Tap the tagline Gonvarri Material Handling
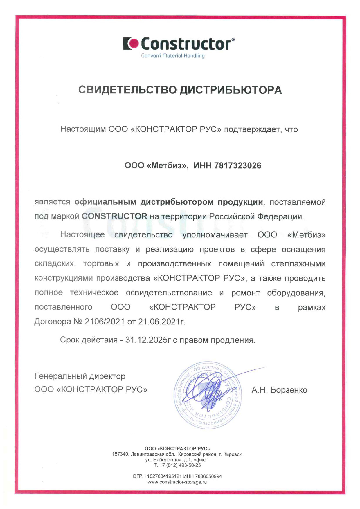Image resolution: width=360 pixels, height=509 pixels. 173,56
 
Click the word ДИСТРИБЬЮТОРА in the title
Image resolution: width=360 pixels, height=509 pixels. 231,90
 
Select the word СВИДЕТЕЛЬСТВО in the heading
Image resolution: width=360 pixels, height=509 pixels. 127,90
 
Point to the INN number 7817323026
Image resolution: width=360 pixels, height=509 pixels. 237,166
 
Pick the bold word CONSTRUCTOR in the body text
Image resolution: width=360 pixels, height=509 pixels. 114,216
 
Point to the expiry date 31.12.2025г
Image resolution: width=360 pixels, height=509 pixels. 148,340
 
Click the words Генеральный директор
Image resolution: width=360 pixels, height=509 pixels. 80,376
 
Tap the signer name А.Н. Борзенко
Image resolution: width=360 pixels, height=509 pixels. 279,390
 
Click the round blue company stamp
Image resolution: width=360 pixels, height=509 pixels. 208,395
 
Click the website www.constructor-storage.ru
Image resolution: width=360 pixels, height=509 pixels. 177,482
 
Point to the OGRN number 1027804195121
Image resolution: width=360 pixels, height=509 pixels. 164,476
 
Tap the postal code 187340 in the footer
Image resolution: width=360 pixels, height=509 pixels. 120,454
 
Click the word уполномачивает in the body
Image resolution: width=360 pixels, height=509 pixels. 215,234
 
